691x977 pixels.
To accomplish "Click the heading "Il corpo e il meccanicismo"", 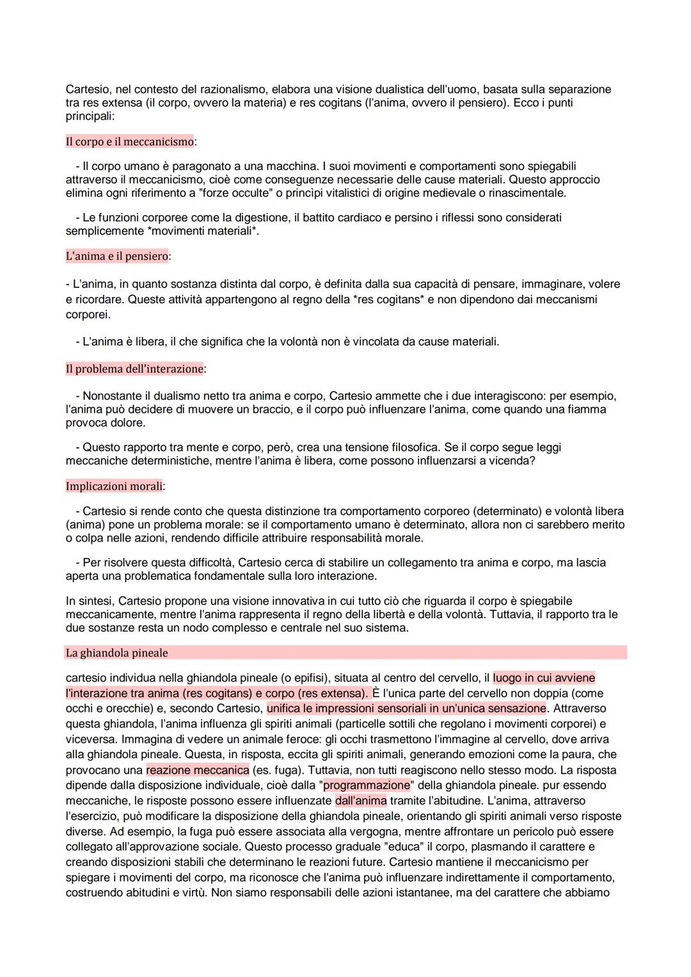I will [x=129, y=141].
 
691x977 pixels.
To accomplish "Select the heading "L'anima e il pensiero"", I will [x=117, y=256].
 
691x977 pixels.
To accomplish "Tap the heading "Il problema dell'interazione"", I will [x=134, y=369].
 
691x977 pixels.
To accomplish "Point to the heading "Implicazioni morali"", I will [x=114, y=486].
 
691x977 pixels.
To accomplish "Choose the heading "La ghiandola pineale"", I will [x=117, y=653].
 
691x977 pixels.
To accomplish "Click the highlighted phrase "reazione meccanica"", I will [x=197, y=770].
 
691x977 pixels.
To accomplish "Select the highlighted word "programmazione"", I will [x=367, y=786].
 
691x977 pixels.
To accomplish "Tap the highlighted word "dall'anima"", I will [x=360, y=801].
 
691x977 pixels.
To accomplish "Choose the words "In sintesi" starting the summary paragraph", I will [x=89, y=601].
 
